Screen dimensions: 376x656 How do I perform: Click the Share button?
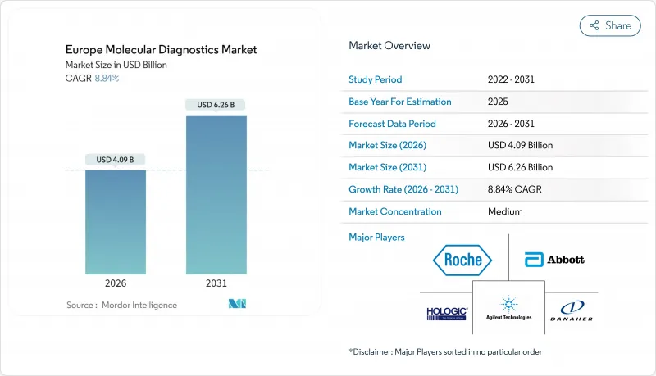point(610,25)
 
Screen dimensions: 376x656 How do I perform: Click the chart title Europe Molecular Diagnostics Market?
point(160,50)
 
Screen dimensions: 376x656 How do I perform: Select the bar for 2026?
point(116,221)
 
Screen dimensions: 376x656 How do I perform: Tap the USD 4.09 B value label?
point(116,159)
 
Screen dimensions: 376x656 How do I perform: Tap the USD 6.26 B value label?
point(216,104)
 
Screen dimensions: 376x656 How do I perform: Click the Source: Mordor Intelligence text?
point(121,305)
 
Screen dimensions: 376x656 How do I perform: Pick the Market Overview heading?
point(389,46)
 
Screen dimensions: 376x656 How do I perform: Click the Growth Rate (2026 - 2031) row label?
point(403,189)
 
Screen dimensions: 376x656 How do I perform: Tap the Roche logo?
point(462,260)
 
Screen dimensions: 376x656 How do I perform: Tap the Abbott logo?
point(554,260)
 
